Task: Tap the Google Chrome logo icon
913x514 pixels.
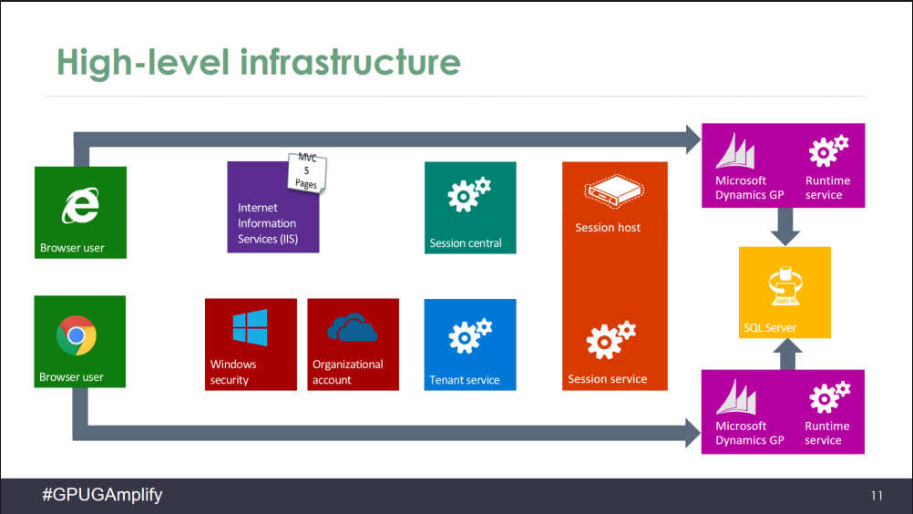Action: tap(77, 335)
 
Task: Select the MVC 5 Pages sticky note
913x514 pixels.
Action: tap(307, 170)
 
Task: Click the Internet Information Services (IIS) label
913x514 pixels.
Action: tap(267, 223)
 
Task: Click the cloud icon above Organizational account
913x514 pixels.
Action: tap(353, 327)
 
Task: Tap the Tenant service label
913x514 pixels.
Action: tap(465, 380)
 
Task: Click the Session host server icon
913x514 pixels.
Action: tap(614, 190)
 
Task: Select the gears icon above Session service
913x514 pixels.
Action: tap(610, 340)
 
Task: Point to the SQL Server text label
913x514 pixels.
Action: tap(770, 328)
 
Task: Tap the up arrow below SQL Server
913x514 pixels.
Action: tap(785, 353)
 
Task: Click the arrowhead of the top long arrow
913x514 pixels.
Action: tap(688, 139)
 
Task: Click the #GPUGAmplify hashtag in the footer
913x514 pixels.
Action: tap(102, 495)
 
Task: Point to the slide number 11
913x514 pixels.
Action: tap(877, 497)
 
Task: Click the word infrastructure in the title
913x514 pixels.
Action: tap(350, 62)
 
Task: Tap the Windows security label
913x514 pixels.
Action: tap(233, 372)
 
